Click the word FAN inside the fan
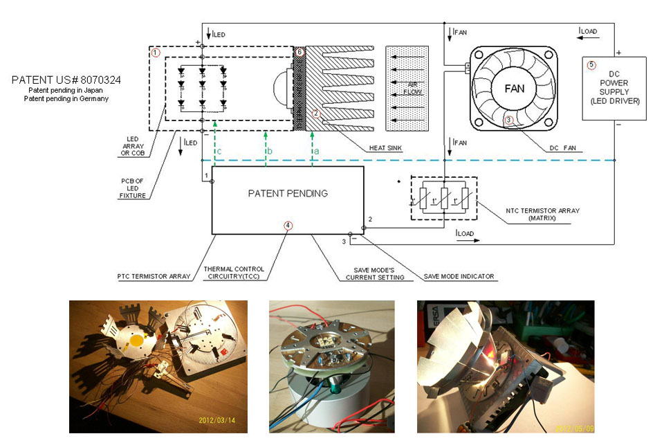pyautogui.click(x=513, y=89)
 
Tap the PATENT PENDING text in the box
pyautogui.click(x=287, y=193)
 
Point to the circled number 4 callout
pyautogui.click(x=288, y=226)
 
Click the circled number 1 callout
pyautogui.click(x=156, y=53)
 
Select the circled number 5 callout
pyautogui.click(x=591, y=66)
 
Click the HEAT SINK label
pyautogui.click(x=386, y=147)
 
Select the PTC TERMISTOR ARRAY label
pyautogui.click(x=154, y=277)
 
